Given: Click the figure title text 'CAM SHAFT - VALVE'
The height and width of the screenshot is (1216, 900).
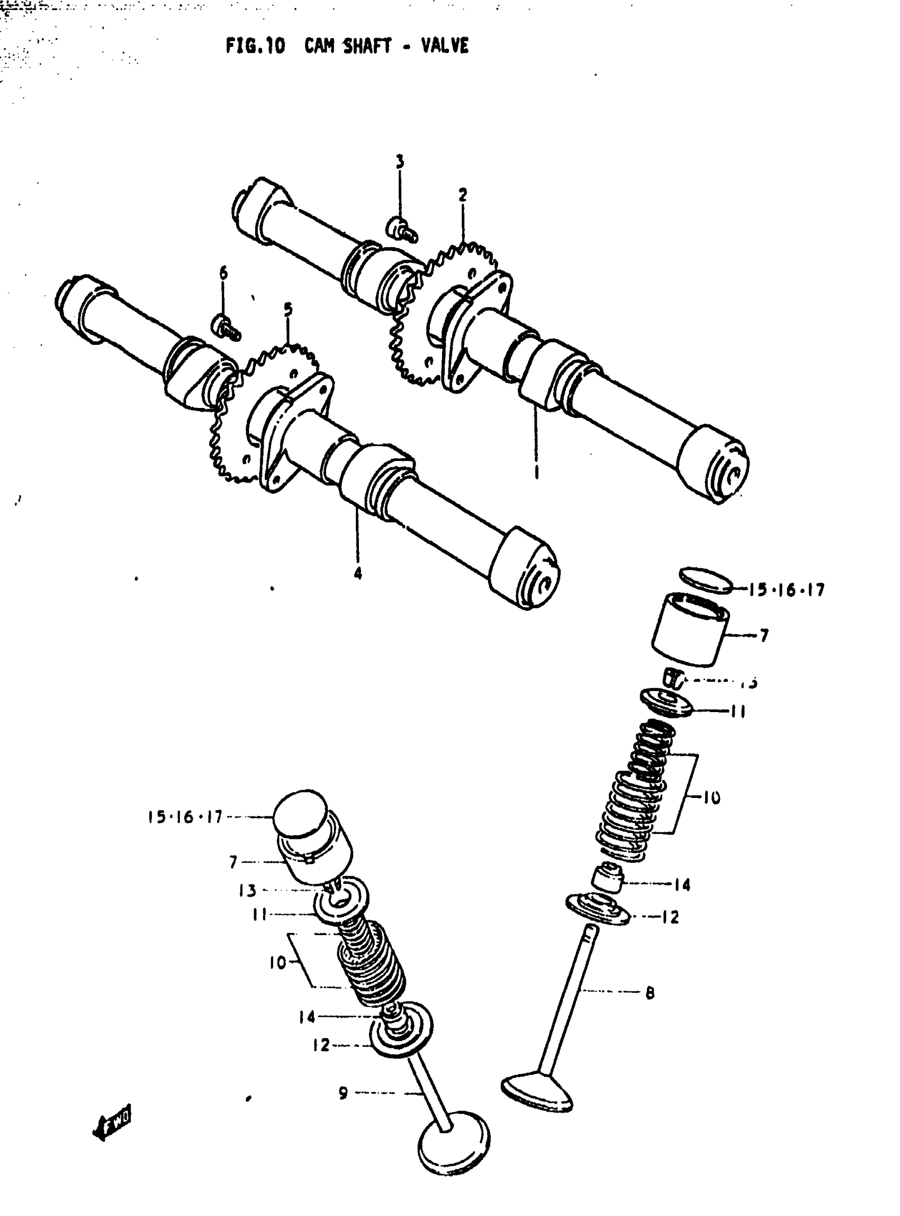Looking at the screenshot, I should (x=386, y=46).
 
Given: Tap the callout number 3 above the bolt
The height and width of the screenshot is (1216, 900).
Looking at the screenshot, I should (x=400, y=162).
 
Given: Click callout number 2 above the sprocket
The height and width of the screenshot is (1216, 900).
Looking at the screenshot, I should (x=463, y=194).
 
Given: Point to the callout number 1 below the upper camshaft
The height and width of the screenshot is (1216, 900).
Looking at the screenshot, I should (x=537, y=471).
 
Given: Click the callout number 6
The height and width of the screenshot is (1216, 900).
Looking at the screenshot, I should (x=223, y=273).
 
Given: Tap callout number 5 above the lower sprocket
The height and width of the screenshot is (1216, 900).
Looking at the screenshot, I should (x=287, y=309).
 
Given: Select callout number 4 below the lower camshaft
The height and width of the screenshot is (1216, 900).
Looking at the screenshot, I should (x=358, y=573).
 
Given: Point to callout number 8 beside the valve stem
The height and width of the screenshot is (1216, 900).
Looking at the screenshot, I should (x=650, y=993).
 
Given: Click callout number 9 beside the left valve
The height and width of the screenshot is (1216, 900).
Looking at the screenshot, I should (x=343, y=1093).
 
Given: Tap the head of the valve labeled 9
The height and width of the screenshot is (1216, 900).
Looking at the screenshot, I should (x=454, y=1148).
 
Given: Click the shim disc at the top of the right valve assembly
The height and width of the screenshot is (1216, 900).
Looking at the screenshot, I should (x=707, y=580).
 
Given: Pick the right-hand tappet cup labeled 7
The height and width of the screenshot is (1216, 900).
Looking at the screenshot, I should (x=691, y=630).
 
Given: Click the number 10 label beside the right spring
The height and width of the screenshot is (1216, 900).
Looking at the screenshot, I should (x=712, y=798).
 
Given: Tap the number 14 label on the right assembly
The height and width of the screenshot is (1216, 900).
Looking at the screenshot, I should (x=682, y=884).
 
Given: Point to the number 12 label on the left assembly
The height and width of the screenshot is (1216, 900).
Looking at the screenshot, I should (x=321, y=1045).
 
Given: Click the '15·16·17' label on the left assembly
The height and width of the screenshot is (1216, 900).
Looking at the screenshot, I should (x=185, y=817).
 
